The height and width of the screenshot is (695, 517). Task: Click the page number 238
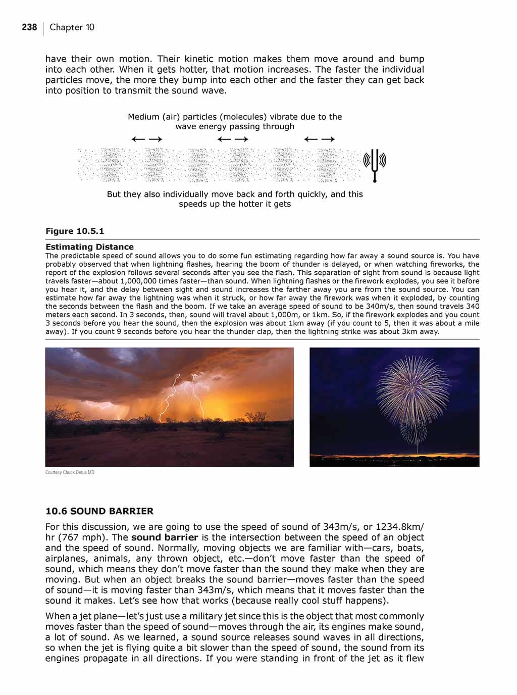pyautogui.click(x=29, y=27)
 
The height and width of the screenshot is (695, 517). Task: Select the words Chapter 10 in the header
pyautogui.click(x=72, y=27)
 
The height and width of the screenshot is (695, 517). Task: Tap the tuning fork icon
pyautogui.click(x=375, y=164)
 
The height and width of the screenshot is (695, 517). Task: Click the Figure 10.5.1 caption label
pyautogui.click(x=75, y=231)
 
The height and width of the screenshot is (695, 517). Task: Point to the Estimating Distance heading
pyautogui.click(x=89, y=247)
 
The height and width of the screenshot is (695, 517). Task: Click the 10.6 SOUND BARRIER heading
pyautogui.click(x=99, y=511)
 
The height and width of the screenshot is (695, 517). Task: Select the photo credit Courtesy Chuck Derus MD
pyautogui.click(x=70, y=472)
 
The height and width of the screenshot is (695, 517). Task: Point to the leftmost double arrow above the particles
pyautogui.click(x=146, y=139)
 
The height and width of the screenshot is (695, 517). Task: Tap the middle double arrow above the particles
pyautogui.click(x=233, y=139)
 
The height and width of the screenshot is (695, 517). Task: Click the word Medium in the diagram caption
pyautogui.click(x=143, y=117)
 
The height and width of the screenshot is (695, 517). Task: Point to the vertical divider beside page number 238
pyautogui.click(x=43, y=28)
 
